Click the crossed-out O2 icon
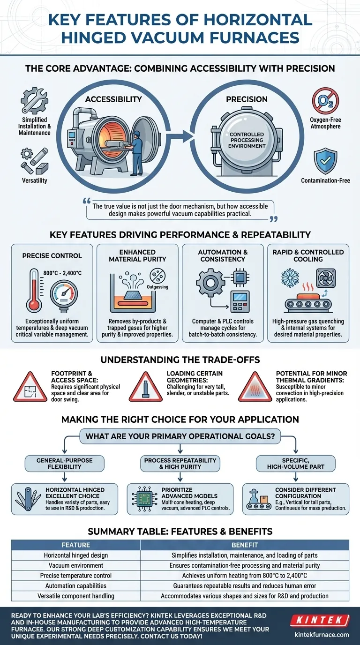point(326,101)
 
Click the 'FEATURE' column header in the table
point(76,545)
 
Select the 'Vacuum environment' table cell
point(76,565)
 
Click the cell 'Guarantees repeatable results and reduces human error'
point(244,586)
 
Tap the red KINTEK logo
point(320,621)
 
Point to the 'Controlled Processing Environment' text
point(247,140)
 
